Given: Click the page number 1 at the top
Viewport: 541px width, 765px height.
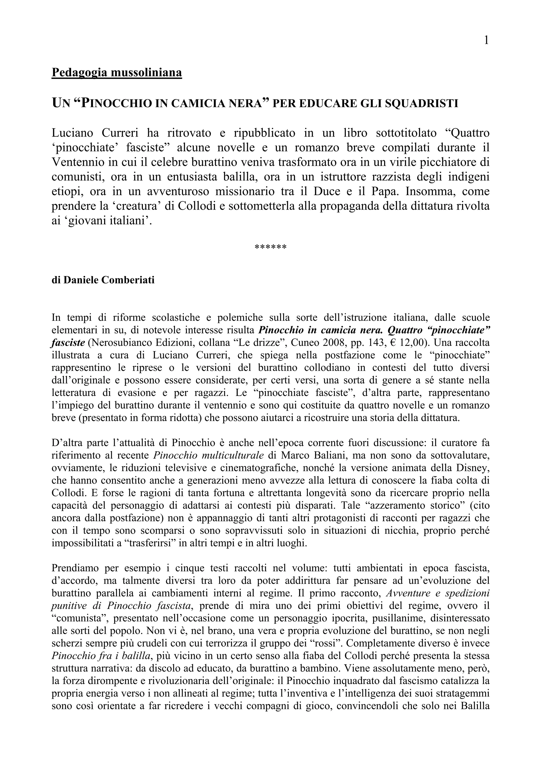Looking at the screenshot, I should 486,40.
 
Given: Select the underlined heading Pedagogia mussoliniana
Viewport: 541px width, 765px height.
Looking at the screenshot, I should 117,72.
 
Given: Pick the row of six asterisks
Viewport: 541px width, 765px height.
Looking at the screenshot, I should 270,248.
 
